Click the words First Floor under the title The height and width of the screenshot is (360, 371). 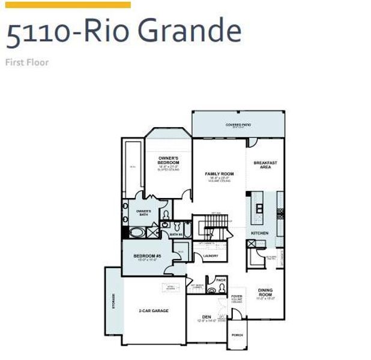point(26,62)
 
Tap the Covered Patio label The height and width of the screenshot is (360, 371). point(238,125)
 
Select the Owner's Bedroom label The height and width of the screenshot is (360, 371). point(169,161)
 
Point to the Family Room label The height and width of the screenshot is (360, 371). point(219,174)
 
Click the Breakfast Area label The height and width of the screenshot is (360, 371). point(265,165)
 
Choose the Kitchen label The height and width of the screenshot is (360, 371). point(260,233)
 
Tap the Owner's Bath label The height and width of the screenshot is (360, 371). point(143,212)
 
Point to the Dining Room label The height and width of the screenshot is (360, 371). point(265,293)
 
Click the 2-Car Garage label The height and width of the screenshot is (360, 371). point(153,310)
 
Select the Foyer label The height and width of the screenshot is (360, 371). point(237,296)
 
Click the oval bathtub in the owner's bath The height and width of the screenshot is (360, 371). point(137,232)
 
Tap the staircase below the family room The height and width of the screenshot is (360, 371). point(213,229)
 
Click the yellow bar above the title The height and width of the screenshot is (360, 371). point(67,5)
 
